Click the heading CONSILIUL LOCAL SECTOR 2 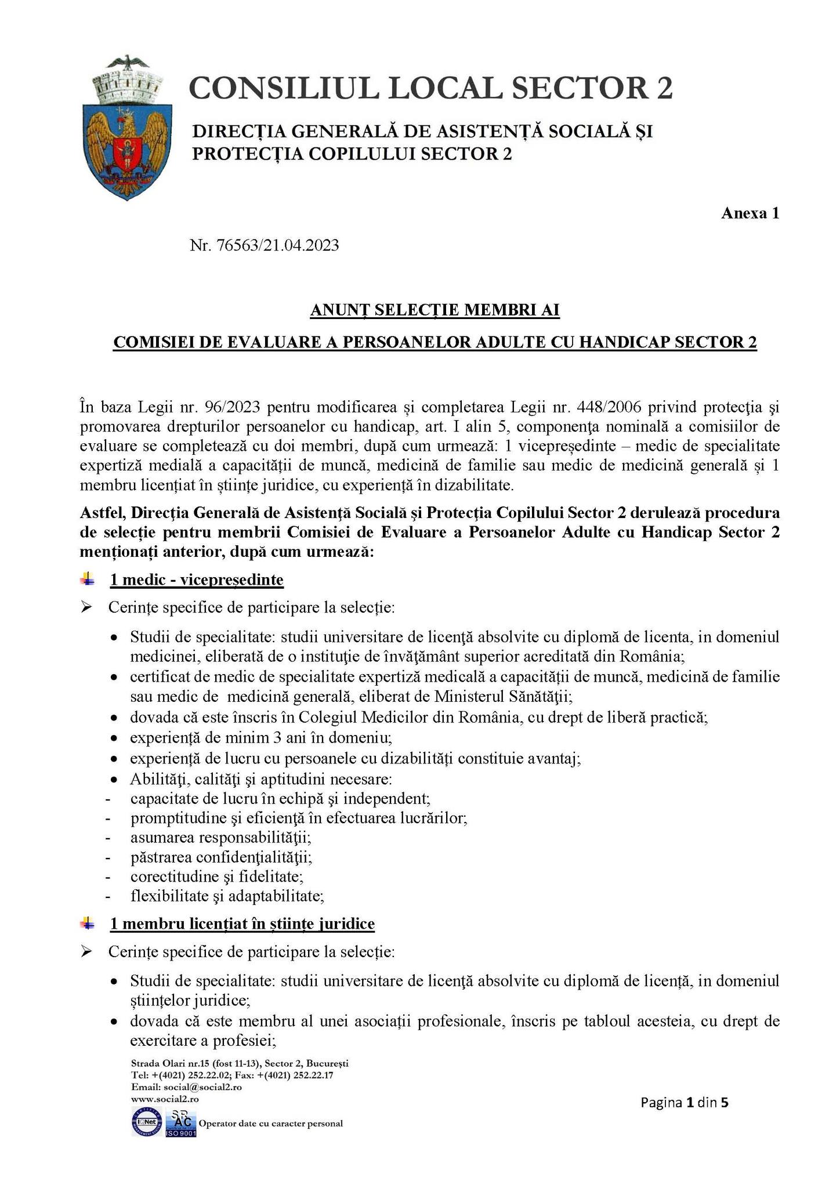click(430, 89)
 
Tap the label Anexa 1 click(750, 213)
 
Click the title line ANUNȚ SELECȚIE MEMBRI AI click(435, 311)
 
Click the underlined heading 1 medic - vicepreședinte click(197, 579)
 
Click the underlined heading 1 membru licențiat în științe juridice click(242, 923)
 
